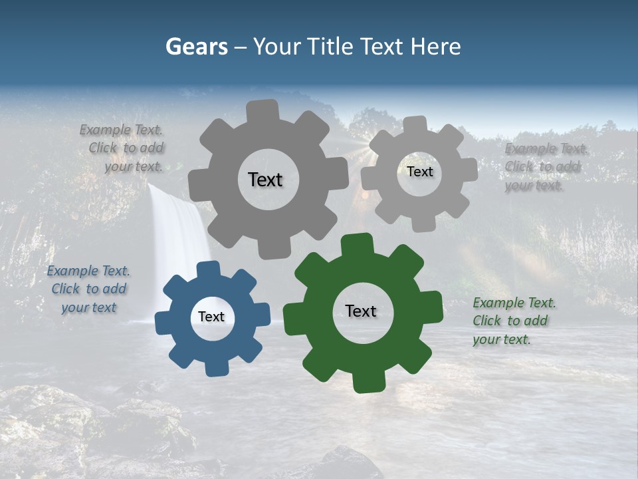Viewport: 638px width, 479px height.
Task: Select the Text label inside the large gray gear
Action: coord(265,180)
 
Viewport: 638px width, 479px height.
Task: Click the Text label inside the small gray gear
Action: coord(419,172)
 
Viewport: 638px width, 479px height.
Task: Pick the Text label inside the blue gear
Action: coord(211,317)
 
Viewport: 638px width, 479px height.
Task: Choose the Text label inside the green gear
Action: coord(361,311)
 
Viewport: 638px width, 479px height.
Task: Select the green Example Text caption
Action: coord(514,321)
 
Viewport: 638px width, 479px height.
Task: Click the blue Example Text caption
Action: coord(88,289)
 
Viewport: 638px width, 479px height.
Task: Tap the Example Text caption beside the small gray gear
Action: coord(544,167)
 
